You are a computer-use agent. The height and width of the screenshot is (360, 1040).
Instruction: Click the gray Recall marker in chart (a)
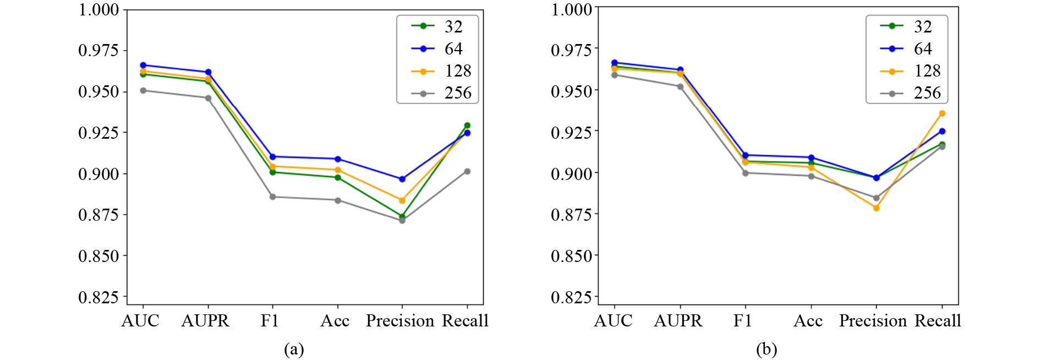pos(467,172)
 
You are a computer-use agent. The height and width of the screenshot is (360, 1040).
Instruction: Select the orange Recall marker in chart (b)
pos(942,113)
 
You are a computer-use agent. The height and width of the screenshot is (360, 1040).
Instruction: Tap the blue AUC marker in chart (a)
pos(143,65)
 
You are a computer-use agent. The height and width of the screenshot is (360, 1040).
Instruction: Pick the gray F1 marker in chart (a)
pos(272,197)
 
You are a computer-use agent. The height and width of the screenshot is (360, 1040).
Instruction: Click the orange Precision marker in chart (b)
pos(876,208)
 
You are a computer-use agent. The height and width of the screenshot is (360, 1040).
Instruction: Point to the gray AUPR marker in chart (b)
pos(680,86)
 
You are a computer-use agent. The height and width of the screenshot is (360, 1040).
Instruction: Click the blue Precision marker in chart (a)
pos(402,179)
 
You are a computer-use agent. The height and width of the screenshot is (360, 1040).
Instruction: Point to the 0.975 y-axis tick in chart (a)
pos(98,50)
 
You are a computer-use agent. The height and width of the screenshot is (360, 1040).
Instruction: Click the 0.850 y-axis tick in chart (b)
pos(571,255)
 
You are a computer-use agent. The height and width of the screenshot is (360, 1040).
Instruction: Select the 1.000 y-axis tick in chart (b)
pos(571,9)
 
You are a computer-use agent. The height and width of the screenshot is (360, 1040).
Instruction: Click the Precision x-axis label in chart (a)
pos(400,321)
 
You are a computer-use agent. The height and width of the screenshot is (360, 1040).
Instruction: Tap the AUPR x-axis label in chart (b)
pos(678,321)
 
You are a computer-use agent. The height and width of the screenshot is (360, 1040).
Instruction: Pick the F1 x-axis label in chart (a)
pos(270,321)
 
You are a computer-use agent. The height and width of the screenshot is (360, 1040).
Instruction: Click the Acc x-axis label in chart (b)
pos(808,321)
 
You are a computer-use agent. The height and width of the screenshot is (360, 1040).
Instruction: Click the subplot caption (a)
pos(294,349)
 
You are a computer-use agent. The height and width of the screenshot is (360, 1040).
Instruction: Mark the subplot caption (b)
pos(766,349)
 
